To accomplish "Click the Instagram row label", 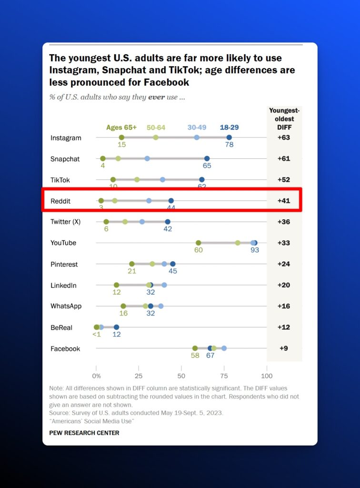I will click(x=66, y=138).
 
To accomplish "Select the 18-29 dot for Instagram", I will click(x=229, y=137).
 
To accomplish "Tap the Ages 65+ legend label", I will click(x=121, y=127).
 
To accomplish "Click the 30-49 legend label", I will click(x=197, y=127).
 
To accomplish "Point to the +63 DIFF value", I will click(x=284, y=138).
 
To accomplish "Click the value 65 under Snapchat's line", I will click(x=207, y=166).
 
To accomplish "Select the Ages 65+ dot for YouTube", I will click(x=199, y=243).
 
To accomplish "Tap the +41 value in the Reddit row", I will click(x=284, y=201).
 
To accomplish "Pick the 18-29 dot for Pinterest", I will click(x=173, y=264).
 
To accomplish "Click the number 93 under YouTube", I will click(x=255, y=250).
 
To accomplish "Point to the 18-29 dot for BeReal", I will click(x=116, y=327).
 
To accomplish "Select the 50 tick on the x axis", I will click(x=181, y=368).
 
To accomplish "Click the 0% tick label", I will click(x=96, y=368).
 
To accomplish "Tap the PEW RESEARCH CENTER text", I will click(x=84, y=433).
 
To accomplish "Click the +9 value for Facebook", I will click(x=284, y=348).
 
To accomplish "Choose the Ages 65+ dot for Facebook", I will click(x=195, y=348).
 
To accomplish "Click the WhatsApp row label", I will click(x=66, y=306).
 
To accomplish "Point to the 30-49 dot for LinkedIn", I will click(x=164, y=285).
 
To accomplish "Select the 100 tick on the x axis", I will click(x=266, y=368).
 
